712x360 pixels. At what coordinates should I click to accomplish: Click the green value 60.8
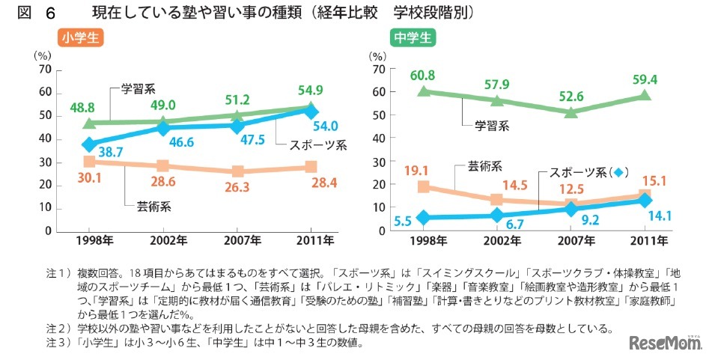423,76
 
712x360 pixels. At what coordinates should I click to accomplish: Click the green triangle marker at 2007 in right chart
571,112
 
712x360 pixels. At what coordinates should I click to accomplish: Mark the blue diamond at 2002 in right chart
497,216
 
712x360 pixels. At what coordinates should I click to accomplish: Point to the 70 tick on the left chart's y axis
44,70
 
